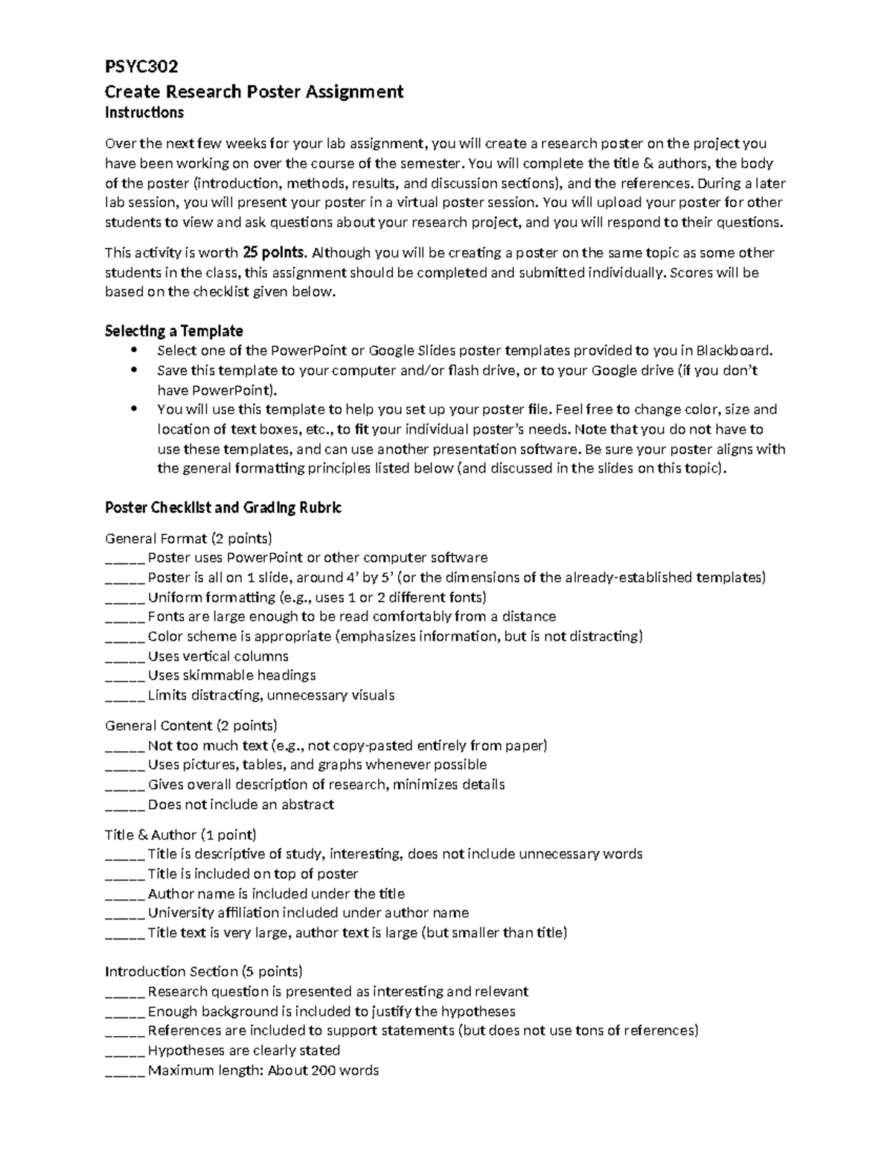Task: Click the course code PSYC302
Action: tap(141, 67)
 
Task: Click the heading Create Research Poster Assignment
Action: tap(254, 92)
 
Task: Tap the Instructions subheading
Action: tap(144, 113)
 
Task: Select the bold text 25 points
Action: tap(275, 252)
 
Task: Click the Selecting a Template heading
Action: tap(174, 330)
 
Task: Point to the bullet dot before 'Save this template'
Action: tap(134, 370)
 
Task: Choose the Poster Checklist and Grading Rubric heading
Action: tap(223, 508)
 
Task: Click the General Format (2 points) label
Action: tap(188, 538)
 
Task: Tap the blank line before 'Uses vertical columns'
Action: tap(124, 657)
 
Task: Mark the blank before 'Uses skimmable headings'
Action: tap(124, 676)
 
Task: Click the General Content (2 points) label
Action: tap(191, 725)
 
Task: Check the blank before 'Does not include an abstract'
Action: tap(124, 805)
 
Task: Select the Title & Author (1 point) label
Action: tap(181, 834)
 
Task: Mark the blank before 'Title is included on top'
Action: tap(124, 875)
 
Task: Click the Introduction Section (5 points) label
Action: tap(204, 971)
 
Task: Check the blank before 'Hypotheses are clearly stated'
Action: tap(124, 1051)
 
